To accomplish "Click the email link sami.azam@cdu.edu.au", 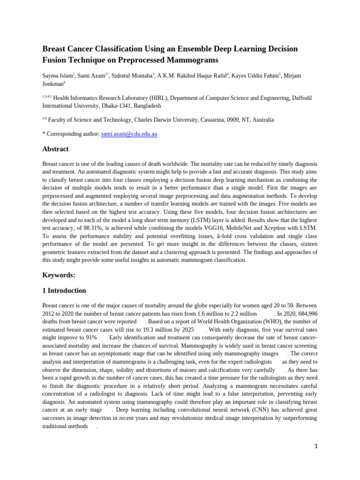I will coord(129,134).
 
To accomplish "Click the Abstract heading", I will coord(55,149).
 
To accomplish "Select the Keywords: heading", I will coord(59,275).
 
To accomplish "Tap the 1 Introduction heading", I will coord(64,291).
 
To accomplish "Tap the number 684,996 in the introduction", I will coord(305,314).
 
